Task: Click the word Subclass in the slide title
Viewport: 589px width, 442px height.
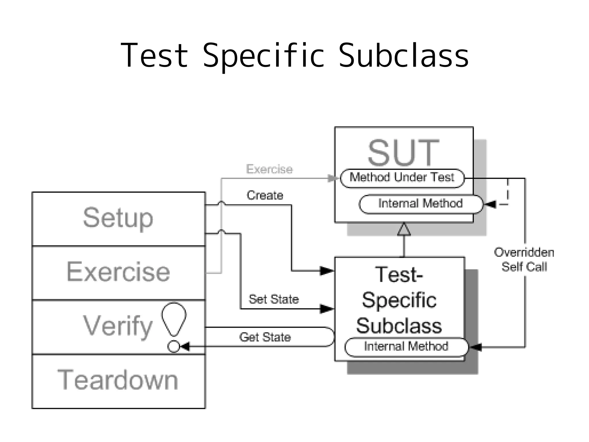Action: click(x=403, y=55)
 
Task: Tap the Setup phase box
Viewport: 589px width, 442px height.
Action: click(x=118, y=219)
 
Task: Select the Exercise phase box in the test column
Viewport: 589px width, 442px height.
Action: click(x=118, y=272)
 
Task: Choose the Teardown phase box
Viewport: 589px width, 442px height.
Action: click(x=118, y=381)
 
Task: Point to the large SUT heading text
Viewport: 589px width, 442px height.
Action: click(x=403, y=153)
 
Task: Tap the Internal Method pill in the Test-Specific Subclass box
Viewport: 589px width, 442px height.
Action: click(x=406, y=347)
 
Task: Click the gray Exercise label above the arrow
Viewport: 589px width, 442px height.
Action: click(x=269, y=169)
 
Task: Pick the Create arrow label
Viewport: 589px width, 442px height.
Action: click(x=265, y=196)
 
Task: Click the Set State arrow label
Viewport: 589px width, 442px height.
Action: click(x=274, y=299)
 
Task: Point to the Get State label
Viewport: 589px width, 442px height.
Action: click(x=265, y=337)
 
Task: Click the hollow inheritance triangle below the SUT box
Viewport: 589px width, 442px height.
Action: click(x=404, y=229)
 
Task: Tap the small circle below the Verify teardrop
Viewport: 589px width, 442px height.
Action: click(x=173, y=346)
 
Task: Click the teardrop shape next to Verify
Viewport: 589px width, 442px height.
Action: click(x=174, y=318)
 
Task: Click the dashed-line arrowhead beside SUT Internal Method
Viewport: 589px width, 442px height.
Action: click(x=490, y=204)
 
